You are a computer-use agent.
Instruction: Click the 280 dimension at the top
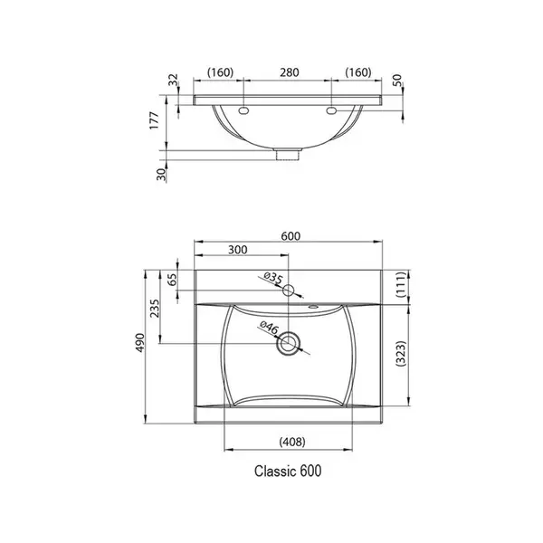click(290, 72)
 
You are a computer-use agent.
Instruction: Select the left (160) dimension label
click(220, 72)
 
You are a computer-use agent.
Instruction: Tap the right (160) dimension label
click(358, 72)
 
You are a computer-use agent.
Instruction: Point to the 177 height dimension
click(154, 120)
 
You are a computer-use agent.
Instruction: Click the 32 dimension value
click(173, 80)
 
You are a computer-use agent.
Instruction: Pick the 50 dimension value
click(397, 80)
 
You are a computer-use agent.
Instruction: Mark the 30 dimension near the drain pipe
click(162, 174)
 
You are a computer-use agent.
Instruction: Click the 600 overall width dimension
click(291, 236)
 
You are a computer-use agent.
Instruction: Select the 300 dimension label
click(237, 250)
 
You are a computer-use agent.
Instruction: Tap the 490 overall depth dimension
click(140, 343)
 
